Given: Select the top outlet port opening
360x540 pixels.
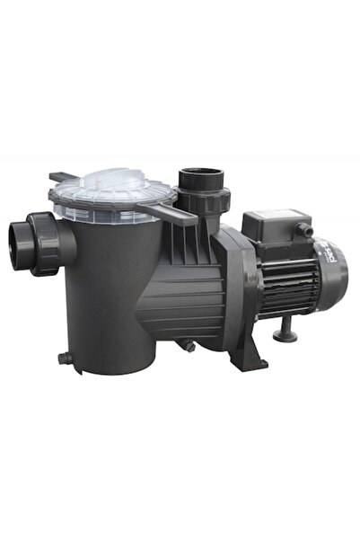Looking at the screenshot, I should pyautogui.click(x=194, y=174).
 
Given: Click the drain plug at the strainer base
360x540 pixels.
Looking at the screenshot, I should pyautogui.click(x=65, y=358).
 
